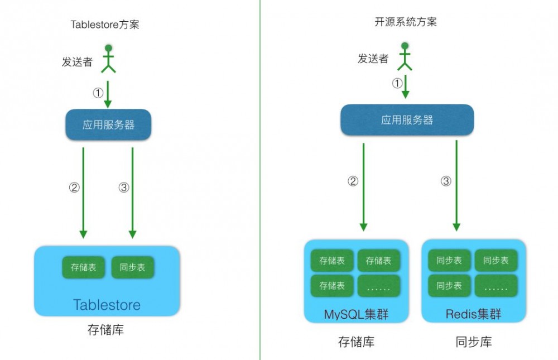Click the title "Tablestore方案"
(104, 25)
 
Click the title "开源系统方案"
(406, 22)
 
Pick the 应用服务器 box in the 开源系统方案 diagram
(407, 120)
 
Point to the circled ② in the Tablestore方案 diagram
(74, 188)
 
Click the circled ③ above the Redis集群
(446, 181)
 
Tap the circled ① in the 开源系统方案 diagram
(397, 84)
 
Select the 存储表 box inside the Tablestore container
(83, 267)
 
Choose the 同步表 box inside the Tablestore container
(132, 267)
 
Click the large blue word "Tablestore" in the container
(107, 305)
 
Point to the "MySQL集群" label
(356, 314)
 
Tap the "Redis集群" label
(473, 314)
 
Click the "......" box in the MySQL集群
(378, 286)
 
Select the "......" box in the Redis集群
(496, 286)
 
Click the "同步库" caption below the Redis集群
(474, 342)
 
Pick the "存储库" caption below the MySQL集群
(357, 342)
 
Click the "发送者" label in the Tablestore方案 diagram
(77, 62)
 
